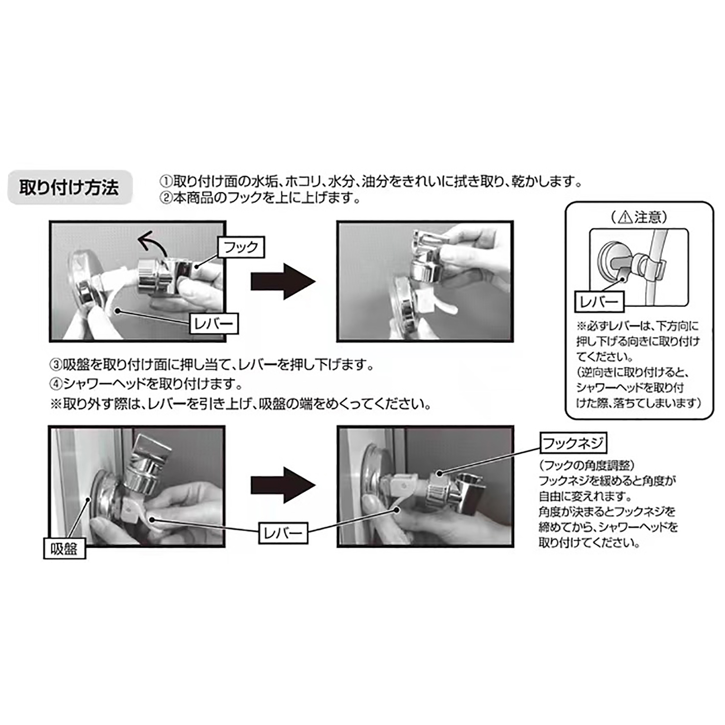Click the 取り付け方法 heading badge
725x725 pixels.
(x=70, y=187)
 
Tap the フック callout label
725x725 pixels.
(x=241, y=247)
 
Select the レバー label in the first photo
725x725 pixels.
(x=213, y=323)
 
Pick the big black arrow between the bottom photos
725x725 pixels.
(x=283, y=485)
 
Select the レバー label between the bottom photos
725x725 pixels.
(x=283, y=533)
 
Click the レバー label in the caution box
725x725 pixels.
(x=599, y=301)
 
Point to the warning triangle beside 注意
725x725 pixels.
(x=625, y=217)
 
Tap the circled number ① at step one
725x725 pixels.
(x=166, y=182)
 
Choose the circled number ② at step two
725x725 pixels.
(x=166, y=198)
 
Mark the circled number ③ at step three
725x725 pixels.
(x=56, y=365)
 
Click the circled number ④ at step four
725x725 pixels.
(x=56, y=384)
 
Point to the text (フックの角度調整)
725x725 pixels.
(x=587, y=465)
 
